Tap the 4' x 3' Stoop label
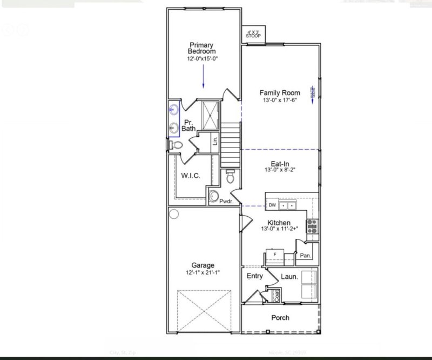(253, 34)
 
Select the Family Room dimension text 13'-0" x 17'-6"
(280, 100)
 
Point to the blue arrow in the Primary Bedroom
(204, 76)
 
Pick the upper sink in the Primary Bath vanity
(174, 110)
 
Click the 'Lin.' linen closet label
(215, 142)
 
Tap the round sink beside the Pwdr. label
(214, 196)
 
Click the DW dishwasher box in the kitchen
(273, 205)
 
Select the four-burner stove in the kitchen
(313, 226)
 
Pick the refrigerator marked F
(274, 254)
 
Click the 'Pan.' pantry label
(305, 255)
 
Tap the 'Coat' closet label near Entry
(277, 296)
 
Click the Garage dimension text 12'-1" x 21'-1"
(203, 272)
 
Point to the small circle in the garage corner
(174, 214)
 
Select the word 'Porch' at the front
(280, 317)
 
